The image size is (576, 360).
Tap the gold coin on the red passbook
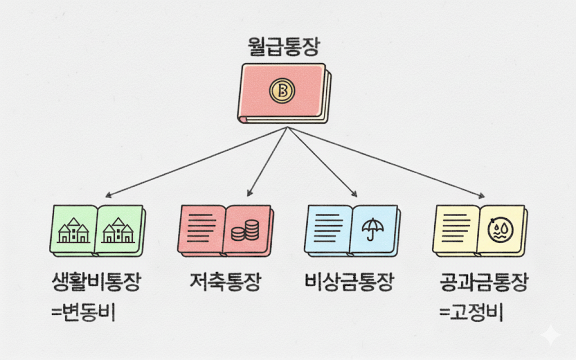(282, 90)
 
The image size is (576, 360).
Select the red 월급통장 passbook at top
(285, 93)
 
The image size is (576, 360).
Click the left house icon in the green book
(74, 230)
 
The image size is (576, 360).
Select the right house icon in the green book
(118, 230)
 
